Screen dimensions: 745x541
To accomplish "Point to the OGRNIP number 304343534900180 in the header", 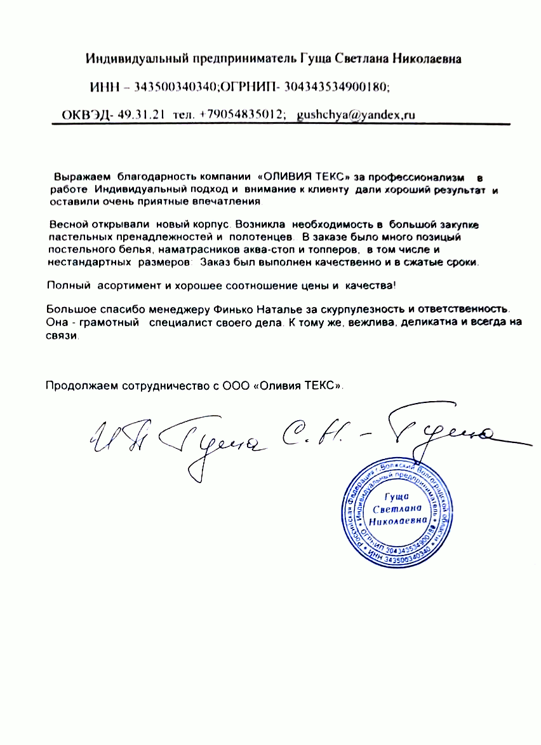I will pyautogui.click(x=336, y=86).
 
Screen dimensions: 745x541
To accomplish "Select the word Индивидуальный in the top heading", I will pyautogui.click(x=131, y=59).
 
